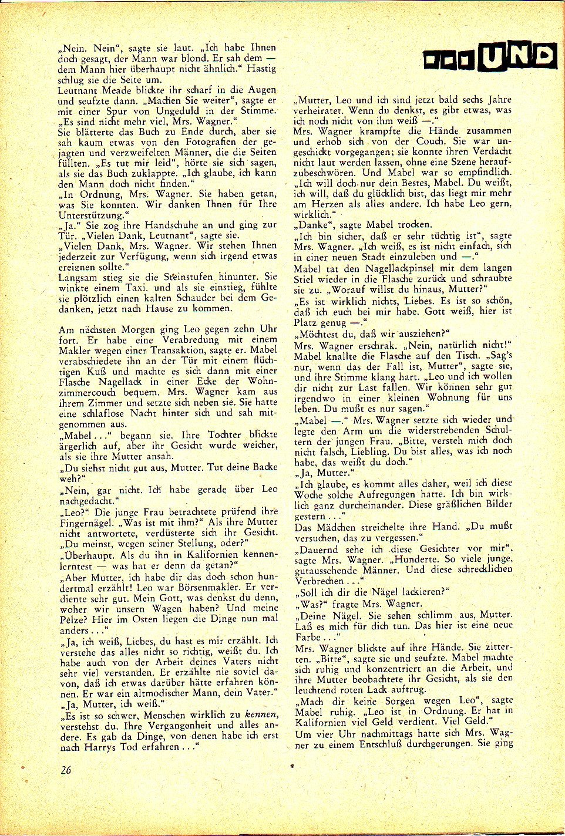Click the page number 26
[x=65, y=770]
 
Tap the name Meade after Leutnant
[x=121, y=90]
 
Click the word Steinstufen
[x=193, y=277]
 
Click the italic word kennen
[x=260, y=715]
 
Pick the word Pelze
[x=73, y=619]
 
